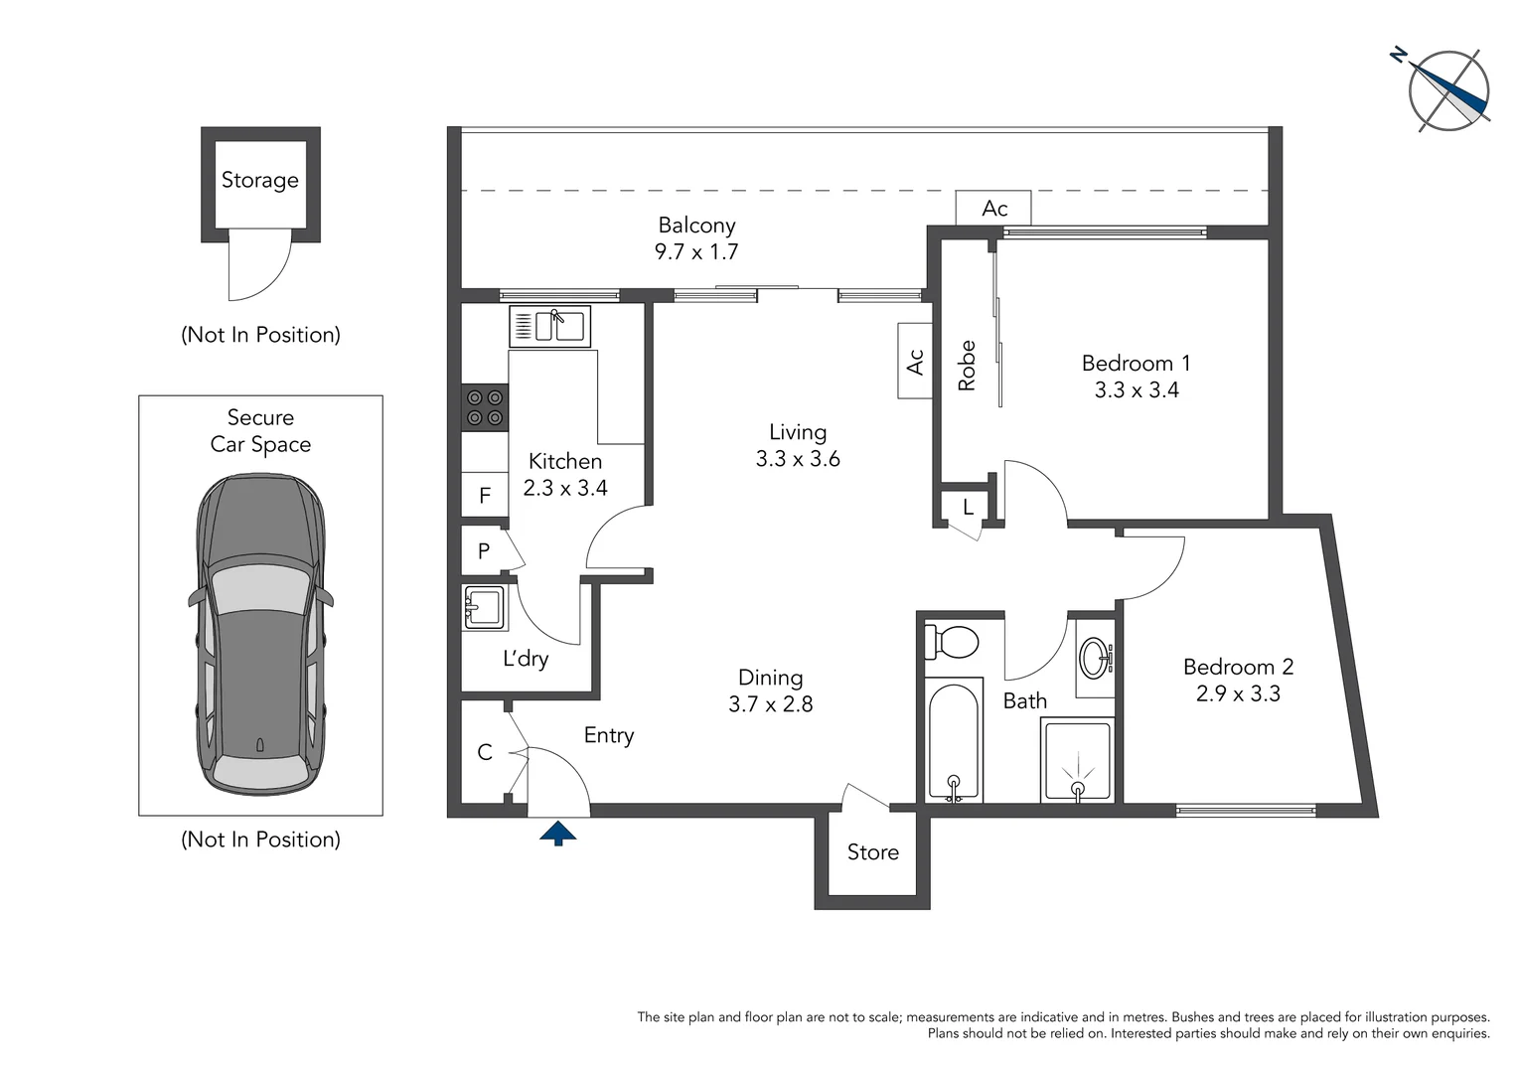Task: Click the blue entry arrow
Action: point(557,833)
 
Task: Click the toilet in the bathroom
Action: point(952,641)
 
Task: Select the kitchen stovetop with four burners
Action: point(485,407)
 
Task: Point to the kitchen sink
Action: point(549,327)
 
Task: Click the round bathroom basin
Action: point(1095,657)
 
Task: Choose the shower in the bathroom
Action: point(1078,760)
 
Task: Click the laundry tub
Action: point(483,607)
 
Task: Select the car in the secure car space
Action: point(261,635)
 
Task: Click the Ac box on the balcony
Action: point(993,208)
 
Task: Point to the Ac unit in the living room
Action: point(915,362)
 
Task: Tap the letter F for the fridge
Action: point(485,496)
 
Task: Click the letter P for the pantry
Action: point(483,550)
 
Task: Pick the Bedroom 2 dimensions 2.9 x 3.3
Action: point(1238,693)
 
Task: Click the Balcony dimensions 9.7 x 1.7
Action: point(696,251)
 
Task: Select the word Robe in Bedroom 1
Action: point(967,366)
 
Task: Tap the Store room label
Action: point(873,852)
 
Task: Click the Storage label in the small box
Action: point(260,180)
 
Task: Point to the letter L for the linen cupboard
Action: point(968,507)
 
